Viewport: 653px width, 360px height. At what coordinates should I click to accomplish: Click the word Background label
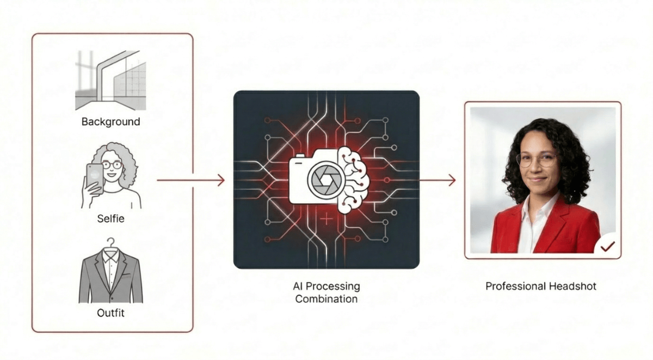point(110,122)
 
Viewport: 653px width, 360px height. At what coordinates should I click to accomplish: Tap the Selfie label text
point(110,219)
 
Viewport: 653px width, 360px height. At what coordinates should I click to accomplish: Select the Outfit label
point(110,313)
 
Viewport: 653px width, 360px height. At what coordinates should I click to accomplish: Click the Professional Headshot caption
point(541,286)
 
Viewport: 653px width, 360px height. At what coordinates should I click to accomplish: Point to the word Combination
point(326,299)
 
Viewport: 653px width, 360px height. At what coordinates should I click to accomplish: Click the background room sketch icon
point(111,80)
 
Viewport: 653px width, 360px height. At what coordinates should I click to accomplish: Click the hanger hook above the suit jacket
point(111,242)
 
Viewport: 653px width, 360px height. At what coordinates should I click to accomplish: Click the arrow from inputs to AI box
point(190,181)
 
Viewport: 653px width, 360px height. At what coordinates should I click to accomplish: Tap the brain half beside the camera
point(353,179)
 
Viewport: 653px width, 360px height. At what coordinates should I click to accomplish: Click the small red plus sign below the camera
point(325,220)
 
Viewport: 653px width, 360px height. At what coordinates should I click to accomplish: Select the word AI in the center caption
point(299,286)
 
